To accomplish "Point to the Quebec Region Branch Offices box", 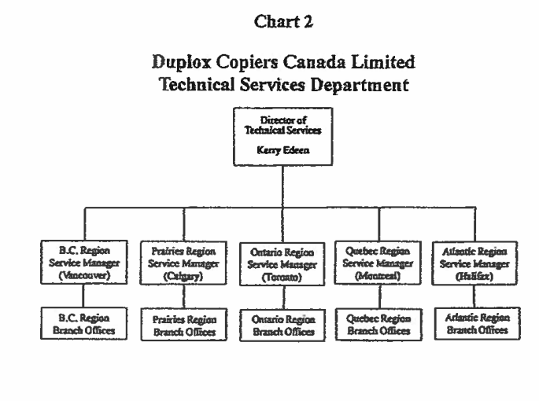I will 379,324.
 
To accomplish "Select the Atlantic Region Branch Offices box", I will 479,324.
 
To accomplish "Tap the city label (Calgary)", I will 183,277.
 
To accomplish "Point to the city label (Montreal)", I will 379,275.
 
